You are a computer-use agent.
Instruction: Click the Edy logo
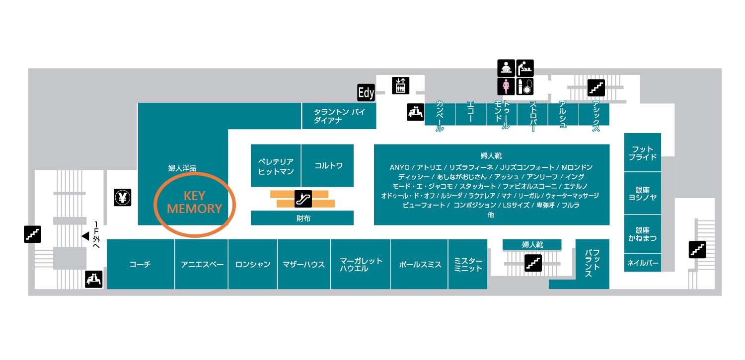click(366, 93)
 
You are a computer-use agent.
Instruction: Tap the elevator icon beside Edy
click(400, 85)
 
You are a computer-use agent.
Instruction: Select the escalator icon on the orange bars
click(302, 199)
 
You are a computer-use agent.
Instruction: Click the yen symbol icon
click(122, 198)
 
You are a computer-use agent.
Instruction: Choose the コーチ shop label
click(140, 265)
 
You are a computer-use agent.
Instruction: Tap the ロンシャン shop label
click(253, 265)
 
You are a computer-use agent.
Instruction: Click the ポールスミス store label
click(420, 265)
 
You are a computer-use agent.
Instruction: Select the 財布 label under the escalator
click(302, 218)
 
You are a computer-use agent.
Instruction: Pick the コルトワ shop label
click(328, 166)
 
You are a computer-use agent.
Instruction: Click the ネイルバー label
click(643, 263)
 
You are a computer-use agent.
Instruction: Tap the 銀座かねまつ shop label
click(643, 234)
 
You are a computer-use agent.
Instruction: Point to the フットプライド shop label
click(643, 153)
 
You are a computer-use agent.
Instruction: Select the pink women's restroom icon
click(506, 86)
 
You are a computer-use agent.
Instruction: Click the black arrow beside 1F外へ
click(85, 236)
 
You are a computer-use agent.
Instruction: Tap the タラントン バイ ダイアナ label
click(339, 116)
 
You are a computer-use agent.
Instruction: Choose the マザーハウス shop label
click(303, 265)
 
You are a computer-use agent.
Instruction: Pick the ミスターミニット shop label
click(468, 265)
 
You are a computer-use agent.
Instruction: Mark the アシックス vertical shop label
click(595, 116)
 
